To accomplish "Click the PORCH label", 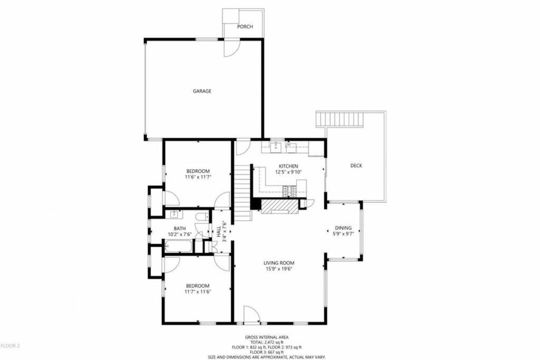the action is (245, 26).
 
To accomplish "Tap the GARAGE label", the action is (202, 91).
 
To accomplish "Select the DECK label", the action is (356, 166).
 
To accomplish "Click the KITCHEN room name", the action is (288, 166).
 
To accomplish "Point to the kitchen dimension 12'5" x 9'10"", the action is (288, 172).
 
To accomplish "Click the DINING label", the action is (343, 228).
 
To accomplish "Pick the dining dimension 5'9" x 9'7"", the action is (343, 233).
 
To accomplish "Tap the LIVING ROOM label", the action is (279, 264).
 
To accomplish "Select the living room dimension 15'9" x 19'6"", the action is (279, 269).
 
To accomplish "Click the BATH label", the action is (180, 229).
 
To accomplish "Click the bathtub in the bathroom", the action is (178, 247).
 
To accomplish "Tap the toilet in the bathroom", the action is (201, 217).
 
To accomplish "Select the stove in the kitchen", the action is (288, 191).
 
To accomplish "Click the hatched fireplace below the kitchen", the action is (278, 207).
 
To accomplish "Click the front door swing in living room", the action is (252, 314).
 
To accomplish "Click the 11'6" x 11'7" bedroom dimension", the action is (198, 177).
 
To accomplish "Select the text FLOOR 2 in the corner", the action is (11, 346).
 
